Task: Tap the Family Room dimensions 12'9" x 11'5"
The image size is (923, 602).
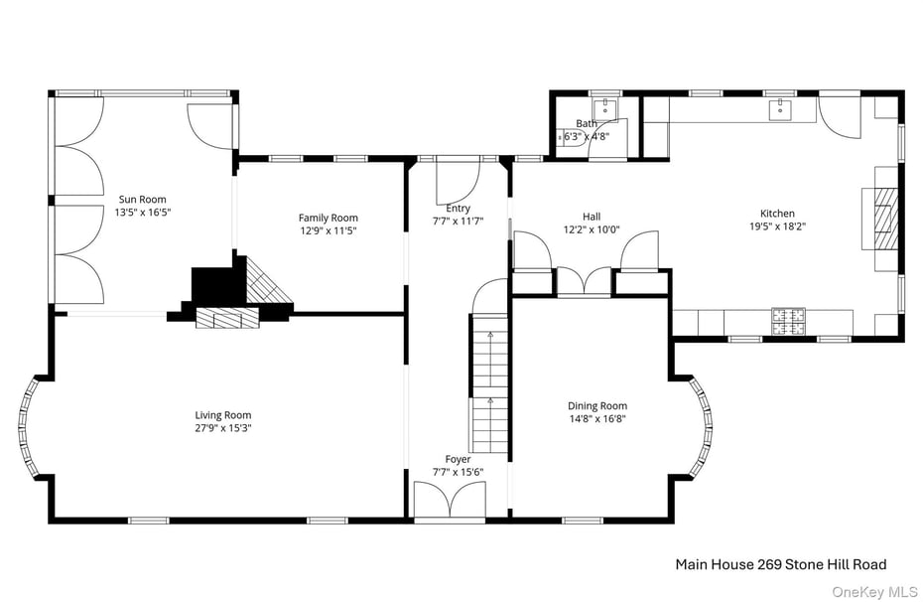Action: click(x=329, y=230)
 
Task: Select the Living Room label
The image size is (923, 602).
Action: click(x=222, y=415)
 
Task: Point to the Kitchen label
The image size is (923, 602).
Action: click(x=777, y=213)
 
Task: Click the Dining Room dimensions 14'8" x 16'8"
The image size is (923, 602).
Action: click(x=597, y=418)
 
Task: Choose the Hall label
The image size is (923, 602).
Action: click(x=592, y=216)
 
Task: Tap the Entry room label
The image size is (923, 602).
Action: click(x=458, y=208)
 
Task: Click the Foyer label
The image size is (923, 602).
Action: click(x=458, y=459)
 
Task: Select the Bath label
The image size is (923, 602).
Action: click(x=587, y=124)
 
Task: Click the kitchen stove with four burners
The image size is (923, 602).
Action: click(x=789, y=320)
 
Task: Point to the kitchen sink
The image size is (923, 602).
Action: click(x=780, y=108)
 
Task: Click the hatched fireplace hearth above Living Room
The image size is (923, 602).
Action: click(x=226, y=317)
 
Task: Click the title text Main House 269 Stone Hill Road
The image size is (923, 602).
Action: click(x=780, y=563)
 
